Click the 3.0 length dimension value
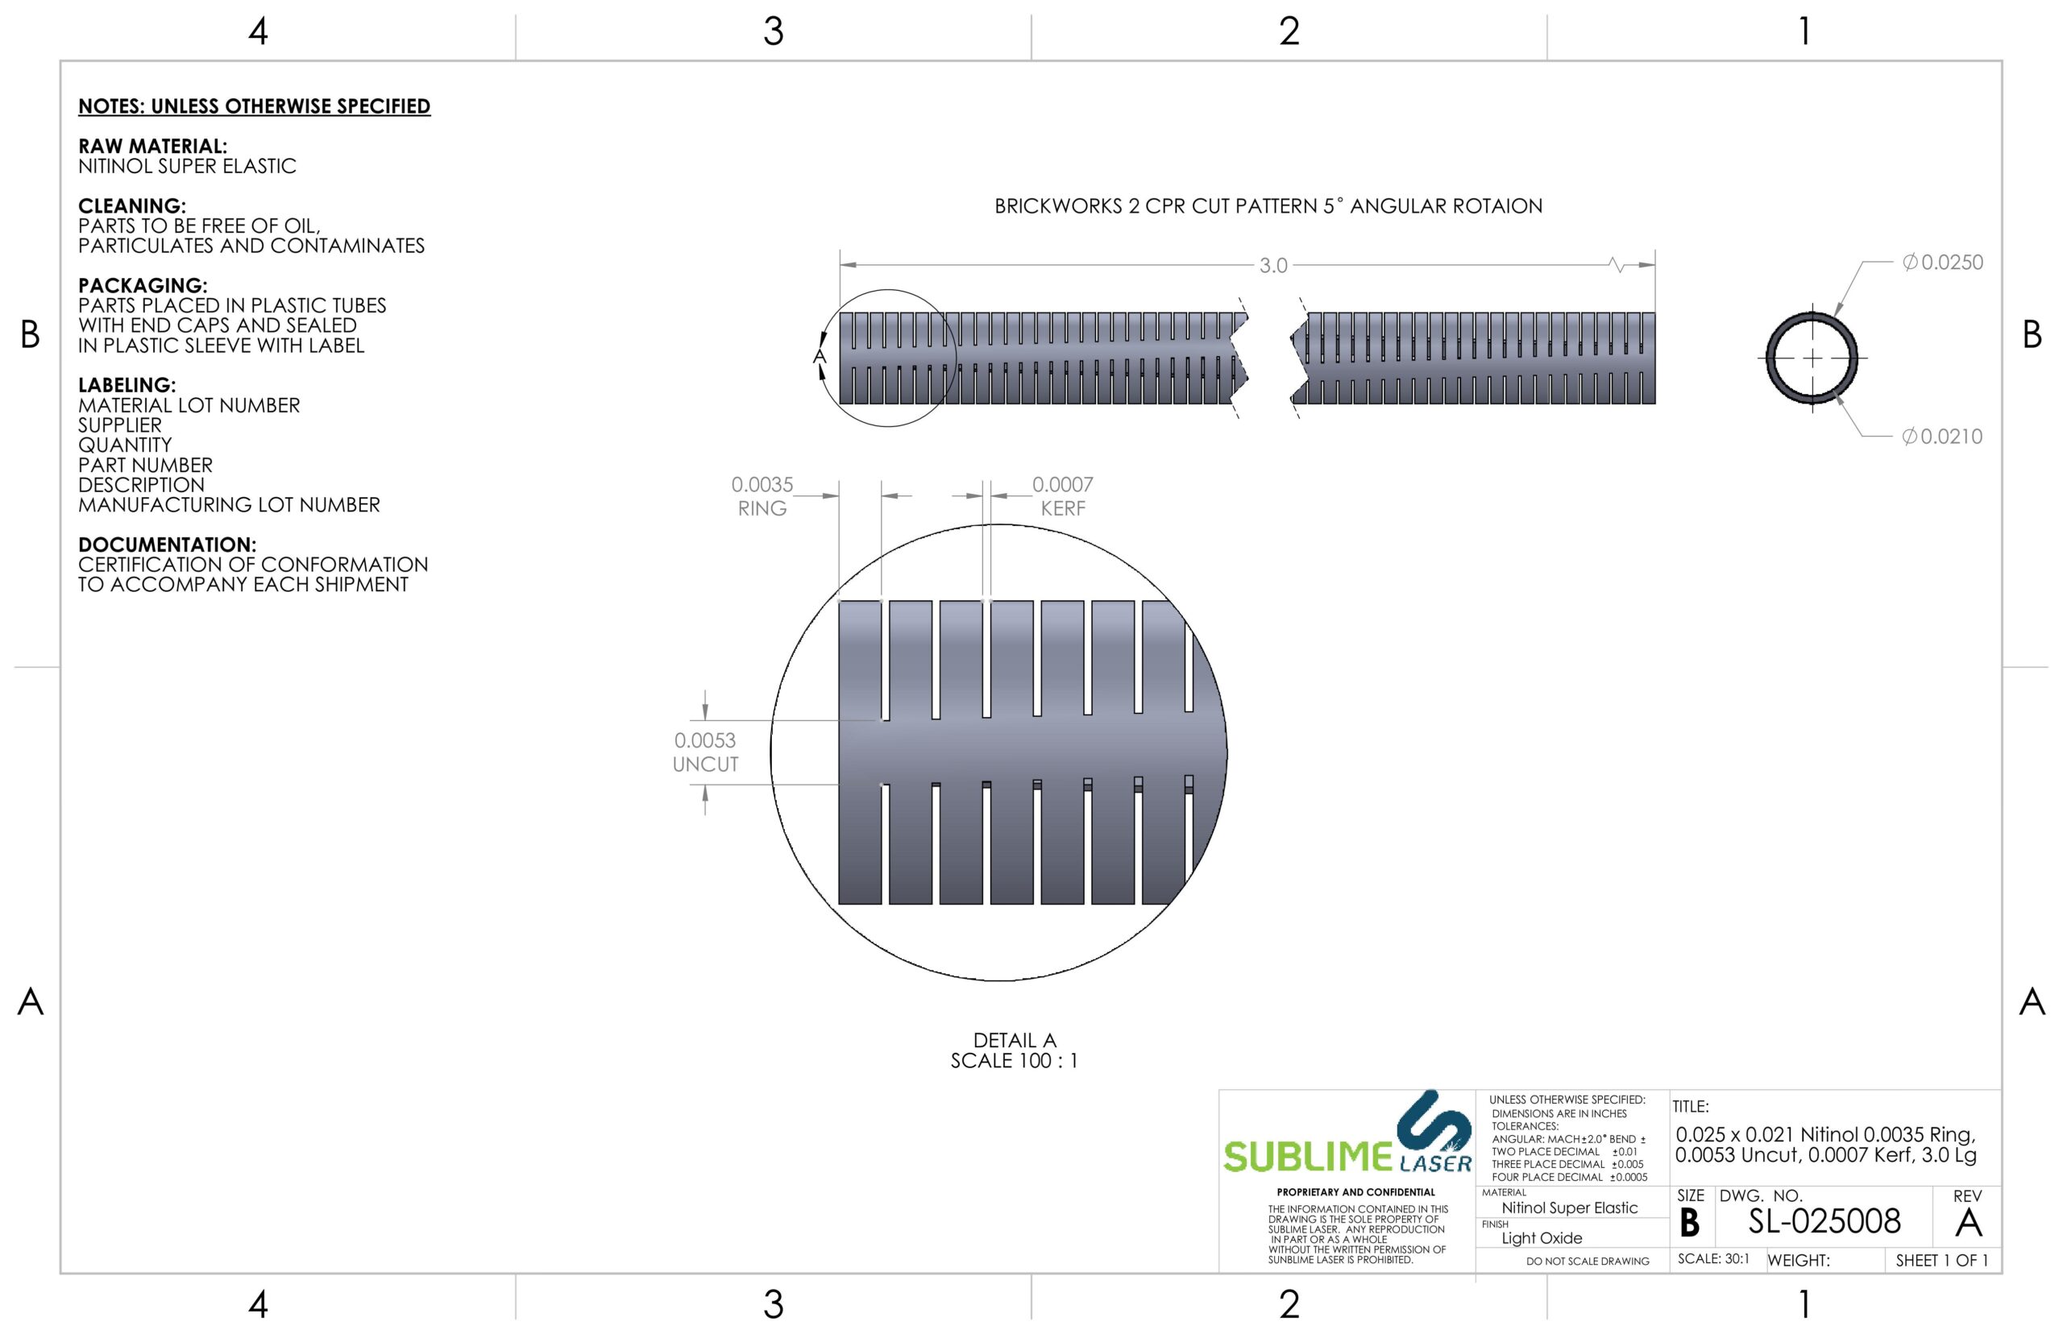pos(1272,266)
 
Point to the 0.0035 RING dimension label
pos(762,496)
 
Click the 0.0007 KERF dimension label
pos(1062,496)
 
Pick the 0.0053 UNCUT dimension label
pos(704,752)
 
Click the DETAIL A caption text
pos(1014,1040)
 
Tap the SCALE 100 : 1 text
pos(1014,1061)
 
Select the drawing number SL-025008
pos(1824,1221)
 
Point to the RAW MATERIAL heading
pos(152,147)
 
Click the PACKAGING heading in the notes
pos(142,286)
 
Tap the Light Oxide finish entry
pos(1542,1238)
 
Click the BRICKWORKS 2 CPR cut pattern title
pos(1268,206)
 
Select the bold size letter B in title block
pos(1689,1223)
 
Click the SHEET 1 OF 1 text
pos(1941,1261)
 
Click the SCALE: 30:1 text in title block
pos(1713,1258)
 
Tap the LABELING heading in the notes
pos(127,386)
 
